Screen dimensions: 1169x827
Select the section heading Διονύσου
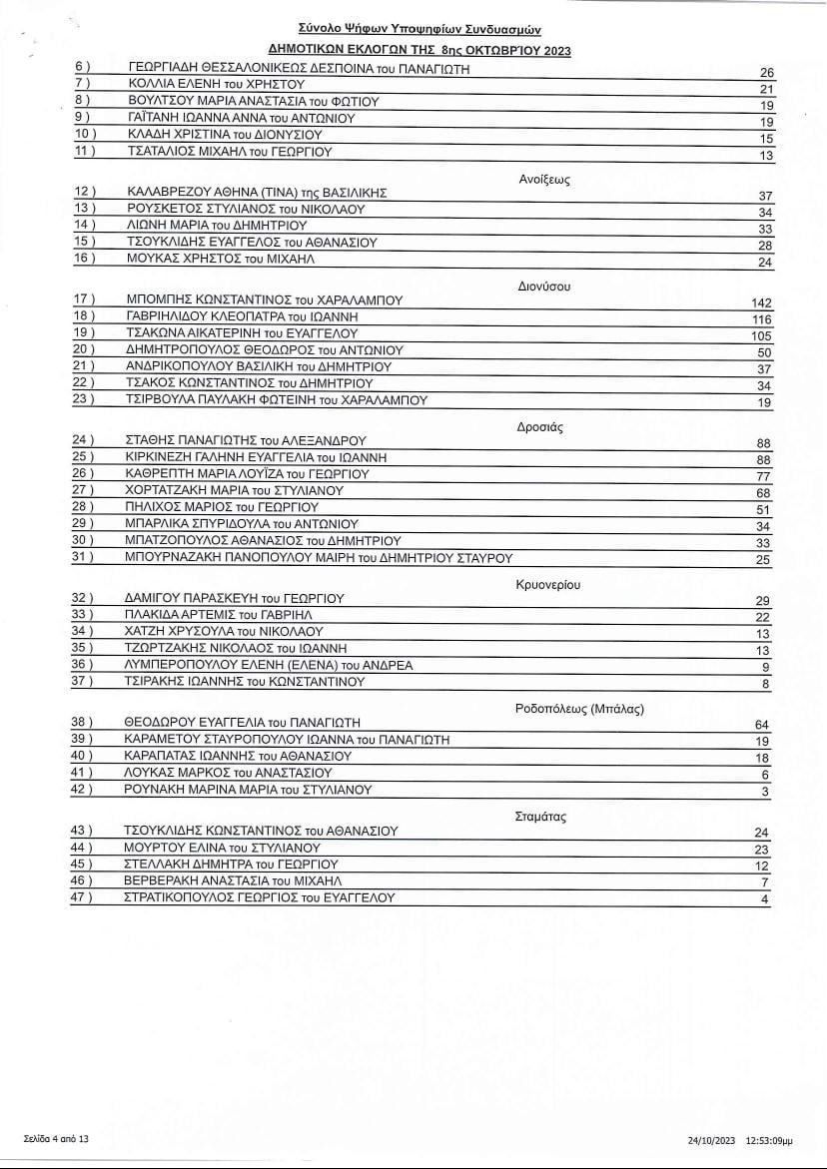tap(544, 286)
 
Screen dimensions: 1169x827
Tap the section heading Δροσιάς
tap(540, 426)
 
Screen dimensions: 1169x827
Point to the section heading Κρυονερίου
tap(548, 584)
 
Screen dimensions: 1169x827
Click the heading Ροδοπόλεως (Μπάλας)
tap(579, 709)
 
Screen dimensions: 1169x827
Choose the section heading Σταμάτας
tap(540, 817)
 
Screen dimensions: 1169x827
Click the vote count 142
tap(761, 302)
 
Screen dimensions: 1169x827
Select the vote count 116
tap(761, 319)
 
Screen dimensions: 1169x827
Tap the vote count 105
tap(761, 336)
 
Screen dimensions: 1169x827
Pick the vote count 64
tap(764, 725)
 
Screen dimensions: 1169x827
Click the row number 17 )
tap(85, 299)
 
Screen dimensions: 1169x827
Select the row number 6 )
tap(82, 68)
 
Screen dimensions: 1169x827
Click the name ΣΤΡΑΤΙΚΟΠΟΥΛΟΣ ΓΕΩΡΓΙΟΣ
tap(209, 897)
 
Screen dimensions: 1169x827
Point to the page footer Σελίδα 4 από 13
tap(56, 1138)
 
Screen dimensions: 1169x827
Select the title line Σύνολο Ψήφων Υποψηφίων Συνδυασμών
tap(420, 31)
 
